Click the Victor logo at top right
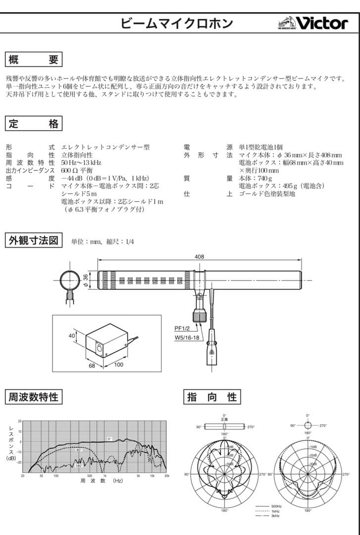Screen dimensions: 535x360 (x=313, y=23)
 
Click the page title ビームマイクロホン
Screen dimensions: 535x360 (x=176, y=23)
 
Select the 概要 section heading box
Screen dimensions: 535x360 (x=34, y=60)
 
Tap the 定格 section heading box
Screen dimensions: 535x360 (x=34, y=124)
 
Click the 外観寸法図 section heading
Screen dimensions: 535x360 (x=34, y=241)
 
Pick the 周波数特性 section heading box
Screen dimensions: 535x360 (x=34, y=397)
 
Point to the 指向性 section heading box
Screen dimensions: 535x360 (x=212, y=397)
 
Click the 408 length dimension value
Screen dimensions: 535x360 (x=199, y=257)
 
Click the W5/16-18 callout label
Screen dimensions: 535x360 (x=187, y=337)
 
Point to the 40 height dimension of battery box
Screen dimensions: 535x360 (x=72, y=335)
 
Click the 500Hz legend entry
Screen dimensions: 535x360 (x=275, y=507)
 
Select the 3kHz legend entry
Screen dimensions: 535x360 (x=275, y=516)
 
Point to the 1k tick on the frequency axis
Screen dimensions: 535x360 (x=105, y=476)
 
